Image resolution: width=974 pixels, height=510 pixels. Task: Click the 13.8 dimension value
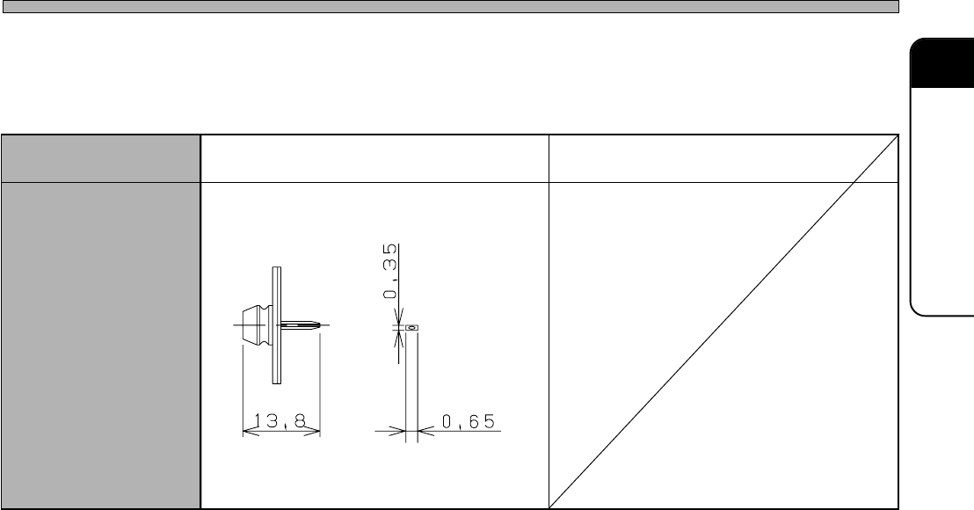[x=280, y=421]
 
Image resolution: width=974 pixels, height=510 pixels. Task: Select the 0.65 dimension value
[x=469, y=422]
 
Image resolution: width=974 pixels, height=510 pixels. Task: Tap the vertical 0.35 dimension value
[x=390, y=272]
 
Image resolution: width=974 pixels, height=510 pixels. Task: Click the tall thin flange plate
[x=276, y=325]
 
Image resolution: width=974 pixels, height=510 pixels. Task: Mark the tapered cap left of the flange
[x=251, y=324]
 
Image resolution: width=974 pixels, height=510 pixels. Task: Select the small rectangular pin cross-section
[x=411, y=327]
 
